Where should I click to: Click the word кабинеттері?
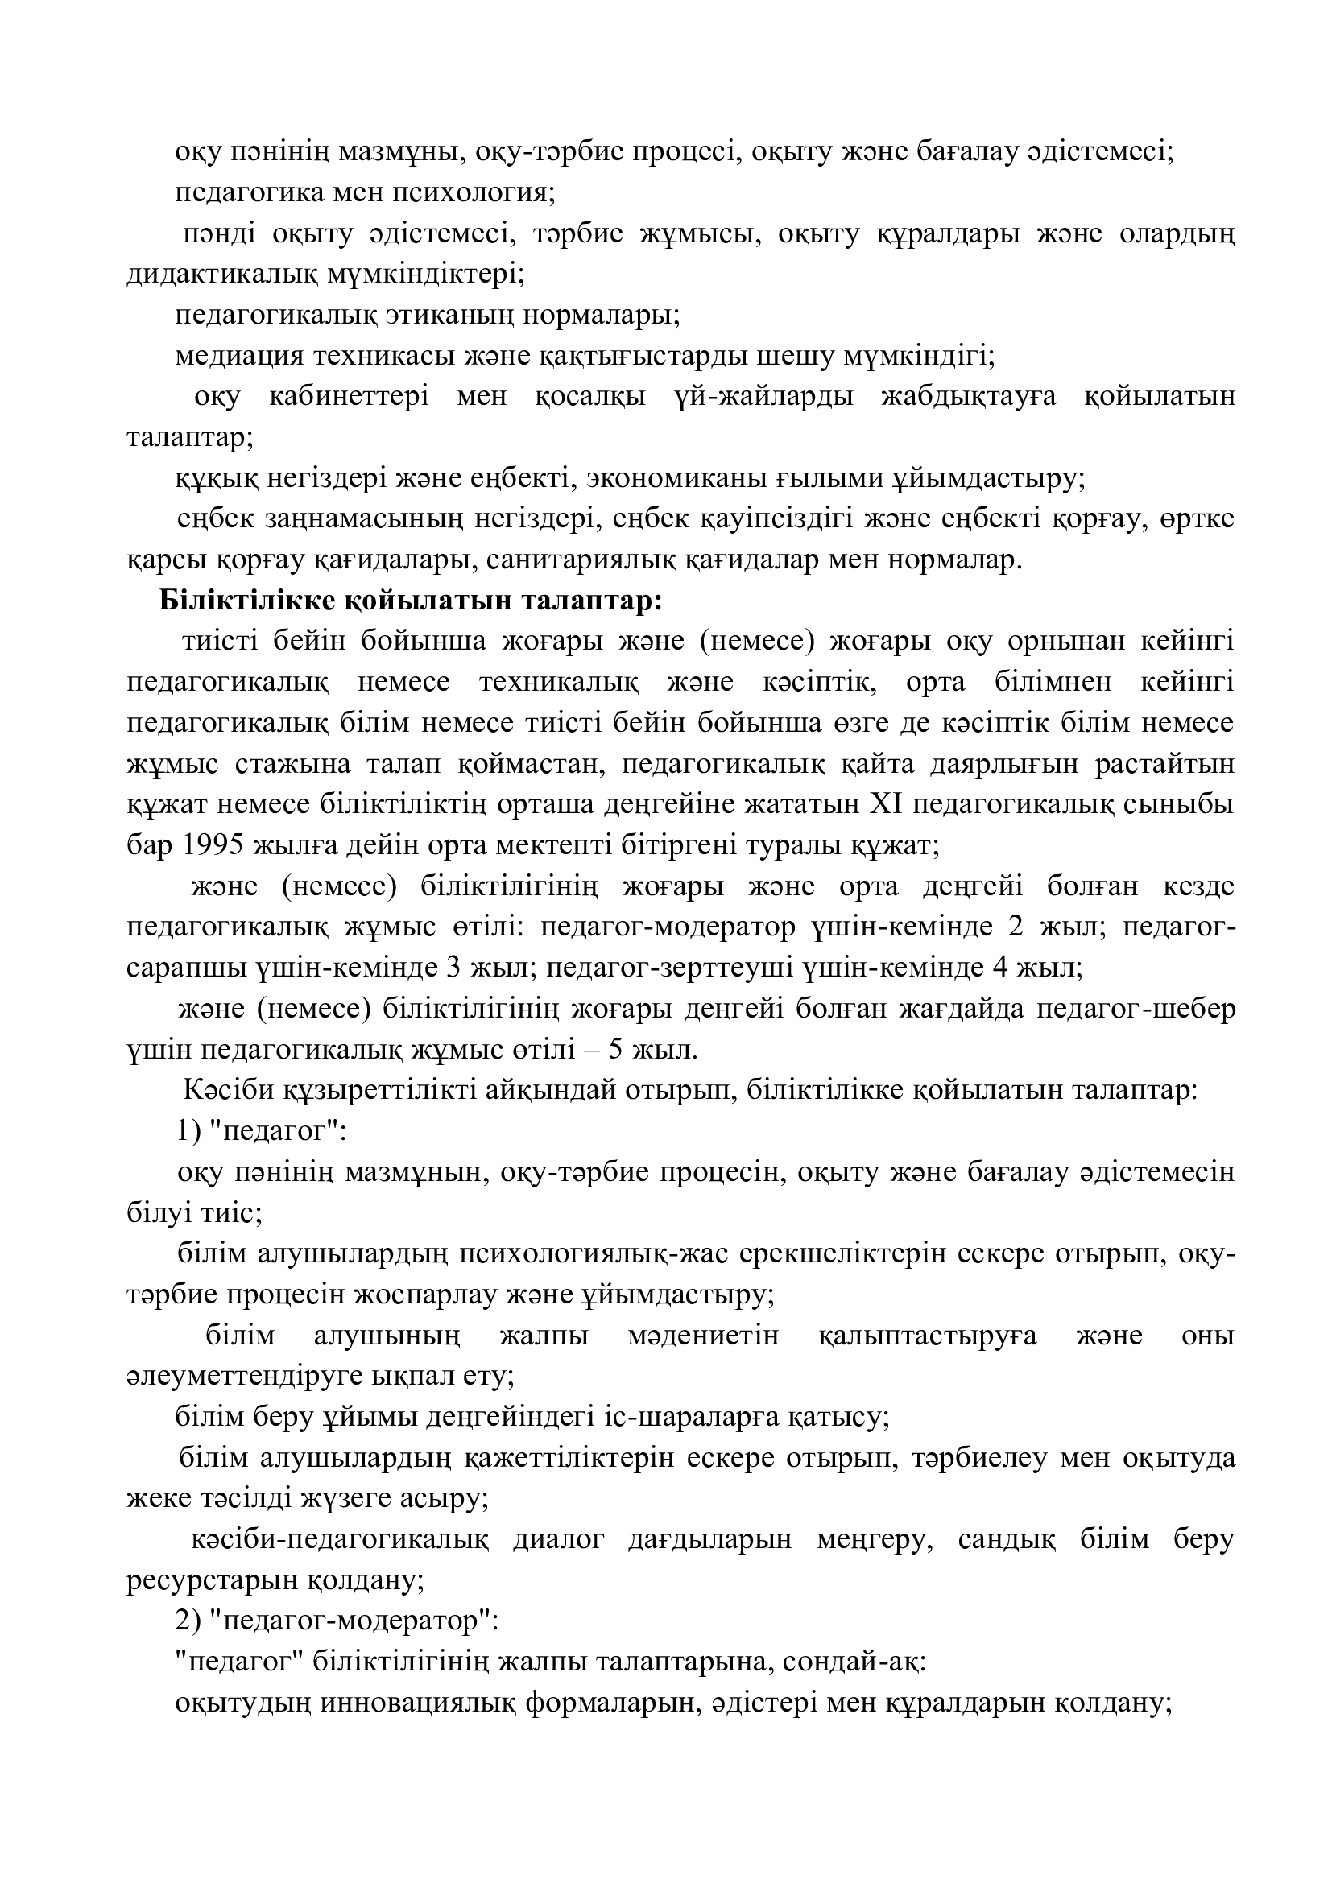[348, 397]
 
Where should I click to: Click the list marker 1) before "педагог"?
[186, 1132]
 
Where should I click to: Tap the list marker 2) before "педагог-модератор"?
[186, 1621]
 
